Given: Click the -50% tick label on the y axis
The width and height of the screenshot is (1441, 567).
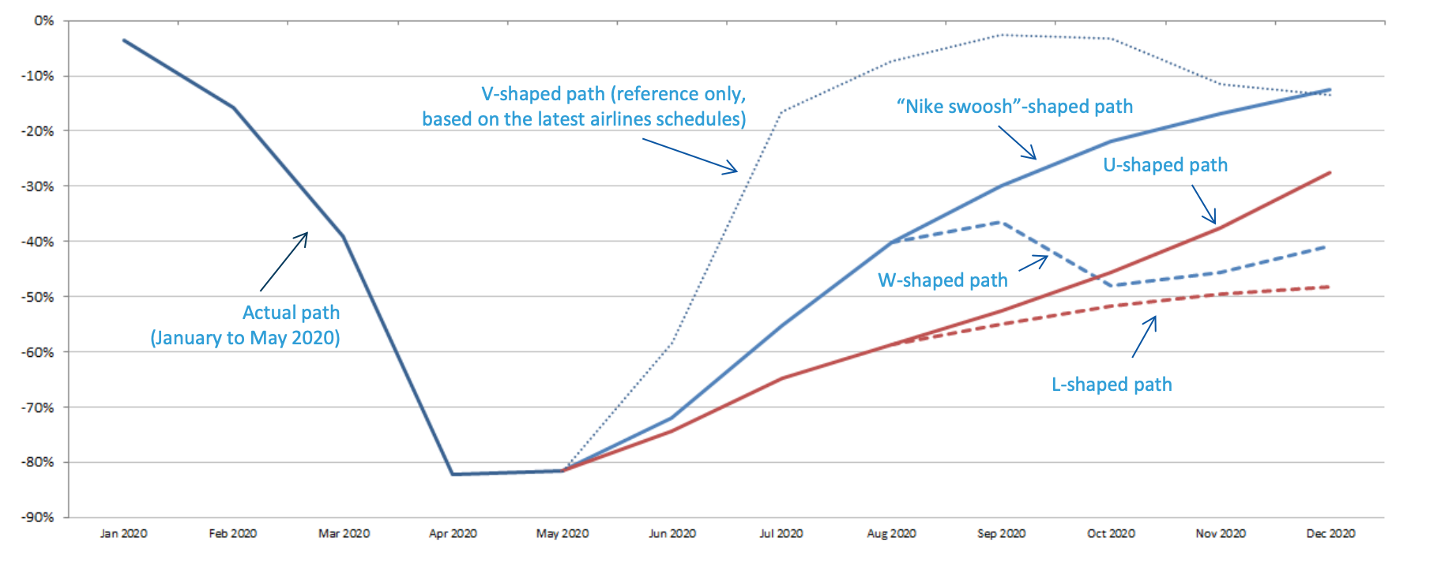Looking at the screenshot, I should pos(37,297).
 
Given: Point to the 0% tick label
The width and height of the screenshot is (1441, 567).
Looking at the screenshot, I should pos(44,21).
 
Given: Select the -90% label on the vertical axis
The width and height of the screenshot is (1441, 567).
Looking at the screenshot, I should pos(37,517).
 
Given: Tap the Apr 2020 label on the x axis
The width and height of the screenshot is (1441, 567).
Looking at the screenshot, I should pos(453,534).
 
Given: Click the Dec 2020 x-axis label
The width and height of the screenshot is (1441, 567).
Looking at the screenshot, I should pos(1330,534).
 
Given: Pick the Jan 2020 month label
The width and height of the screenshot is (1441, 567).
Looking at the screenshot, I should pos(123,534).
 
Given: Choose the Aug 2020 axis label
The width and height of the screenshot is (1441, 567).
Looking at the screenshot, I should pos(891,534).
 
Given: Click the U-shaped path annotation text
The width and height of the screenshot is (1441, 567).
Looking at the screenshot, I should pos(1165,165).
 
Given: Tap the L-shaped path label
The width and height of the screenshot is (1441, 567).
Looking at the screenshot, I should pos(1112,385).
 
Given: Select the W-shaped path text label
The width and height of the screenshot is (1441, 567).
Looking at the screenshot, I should pos(942,280).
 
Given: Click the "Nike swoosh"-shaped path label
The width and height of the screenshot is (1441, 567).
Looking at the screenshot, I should pos(1014,107).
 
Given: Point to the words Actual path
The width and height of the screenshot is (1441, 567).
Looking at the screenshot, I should pos(291,313).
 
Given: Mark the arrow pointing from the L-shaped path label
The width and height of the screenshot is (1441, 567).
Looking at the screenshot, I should pos(1144,336).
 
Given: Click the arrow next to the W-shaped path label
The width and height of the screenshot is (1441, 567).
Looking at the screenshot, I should pos(1033,263).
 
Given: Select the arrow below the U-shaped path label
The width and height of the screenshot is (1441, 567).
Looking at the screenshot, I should pos(1203,205).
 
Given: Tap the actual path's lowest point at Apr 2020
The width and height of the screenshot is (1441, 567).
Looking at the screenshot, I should pos(453,474).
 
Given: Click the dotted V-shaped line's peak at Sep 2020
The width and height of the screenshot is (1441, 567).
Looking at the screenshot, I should pos(1001,35).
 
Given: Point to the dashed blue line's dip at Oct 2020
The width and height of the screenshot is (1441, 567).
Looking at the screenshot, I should pos(1112,285).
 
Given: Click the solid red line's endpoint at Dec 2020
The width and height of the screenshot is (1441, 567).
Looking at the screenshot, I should pos(1330,172).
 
